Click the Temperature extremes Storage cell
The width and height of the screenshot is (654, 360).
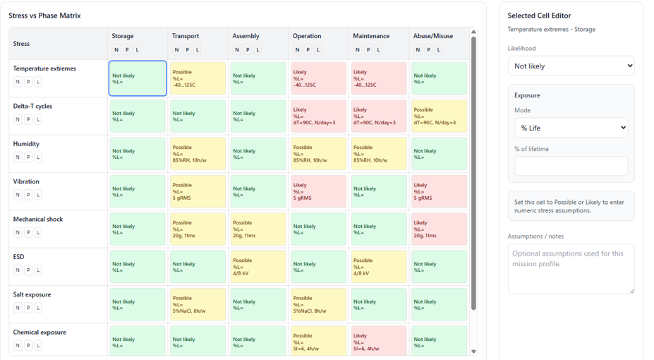138,78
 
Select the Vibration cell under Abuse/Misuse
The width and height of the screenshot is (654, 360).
439,191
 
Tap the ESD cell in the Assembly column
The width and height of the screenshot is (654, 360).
258,267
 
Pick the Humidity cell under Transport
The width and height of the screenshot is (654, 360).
198,153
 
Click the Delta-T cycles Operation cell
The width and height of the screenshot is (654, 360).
318,116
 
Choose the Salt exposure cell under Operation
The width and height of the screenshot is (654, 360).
318,304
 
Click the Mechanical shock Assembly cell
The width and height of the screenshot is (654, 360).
258,229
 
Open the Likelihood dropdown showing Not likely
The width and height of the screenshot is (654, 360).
571,66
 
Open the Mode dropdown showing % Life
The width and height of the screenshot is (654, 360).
571,128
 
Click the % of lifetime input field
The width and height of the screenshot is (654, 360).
571,166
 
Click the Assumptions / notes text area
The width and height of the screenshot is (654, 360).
571,268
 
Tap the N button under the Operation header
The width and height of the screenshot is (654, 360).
298,50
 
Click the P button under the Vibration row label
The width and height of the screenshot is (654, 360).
28,195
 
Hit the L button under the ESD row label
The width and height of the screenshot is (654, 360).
38,270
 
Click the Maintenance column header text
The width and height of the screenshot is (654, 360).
371,36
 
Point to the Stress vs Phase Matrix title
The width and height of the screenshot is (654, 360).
44,16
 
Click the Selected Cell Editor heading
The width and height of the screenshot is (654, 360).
539,16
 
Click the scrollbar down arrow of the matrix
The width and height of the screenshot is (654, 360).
473,352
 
